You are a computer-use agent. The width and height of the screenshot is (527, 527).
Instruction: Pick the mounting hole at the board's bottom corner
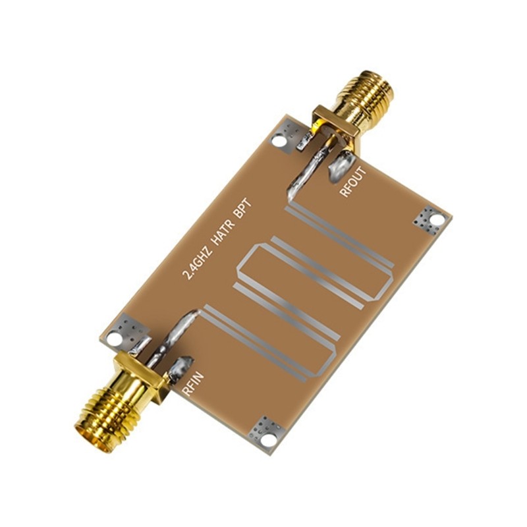266,432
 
